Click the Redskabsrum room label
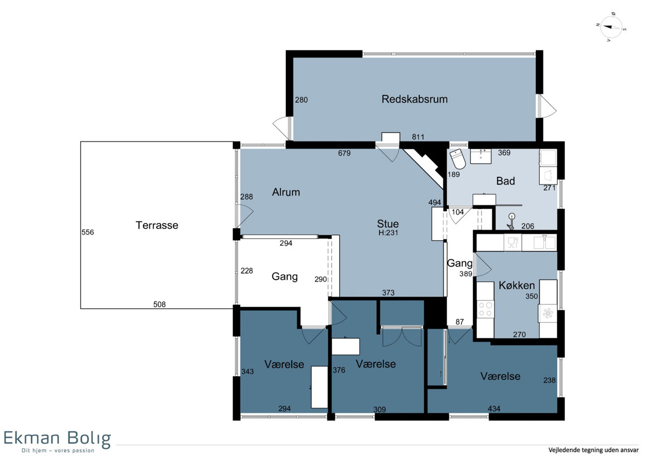click(x=414, y=99)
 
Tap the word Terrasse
click(x=157, y=225)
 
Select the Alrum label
click(x=286, y=192)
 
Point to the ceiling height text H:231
click(x=388, y=233)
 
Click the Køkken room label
click(x=517, y=286)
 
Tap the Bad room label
click(x=505, y=181)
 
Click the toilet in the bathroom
click(x=458, y=159)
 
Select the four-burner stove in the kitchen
click(x=485, y=309)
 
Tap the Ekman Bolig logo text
click(x=57, y=439)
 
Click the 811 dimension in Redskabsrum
click(x=418, y=137)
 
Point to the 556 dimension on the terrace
click(x=88, y=232)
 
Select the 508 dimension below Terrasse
click(x=159, y=304)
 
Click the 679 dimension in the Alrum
click(x=344, y=153)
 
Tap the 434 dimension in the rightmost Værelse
click(x=494, y=409)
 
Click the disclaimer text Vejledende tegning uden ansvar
click(x=593, y=450)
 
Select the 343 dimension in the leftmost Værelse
click(x=247, y=372)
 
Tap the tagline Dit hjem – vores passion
click(x=58, y=451)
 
